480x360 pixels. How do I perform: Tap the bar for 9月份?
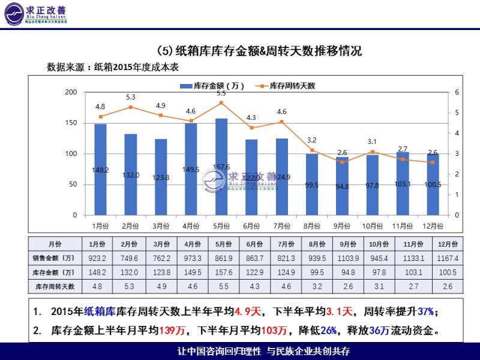pos(342,185)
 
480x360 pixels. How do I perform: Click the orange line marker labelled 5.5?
pos(221,103)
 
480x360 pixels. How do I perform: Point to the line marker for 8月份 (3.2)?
pos(312,150)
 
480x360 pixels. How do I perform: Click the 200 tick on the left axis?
pos(72,92)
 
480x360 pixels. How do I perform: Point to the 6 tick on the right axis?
pos(457,92)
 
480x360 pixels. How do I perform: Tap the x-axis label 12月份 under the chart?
pos(433,226)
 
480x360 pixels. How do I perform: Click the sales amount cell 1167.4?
pos(448,258)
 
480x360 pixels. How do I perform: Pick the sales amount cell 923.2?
pos(98,258)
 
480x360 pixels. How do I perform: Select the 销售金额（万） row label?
pos(55,258)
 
